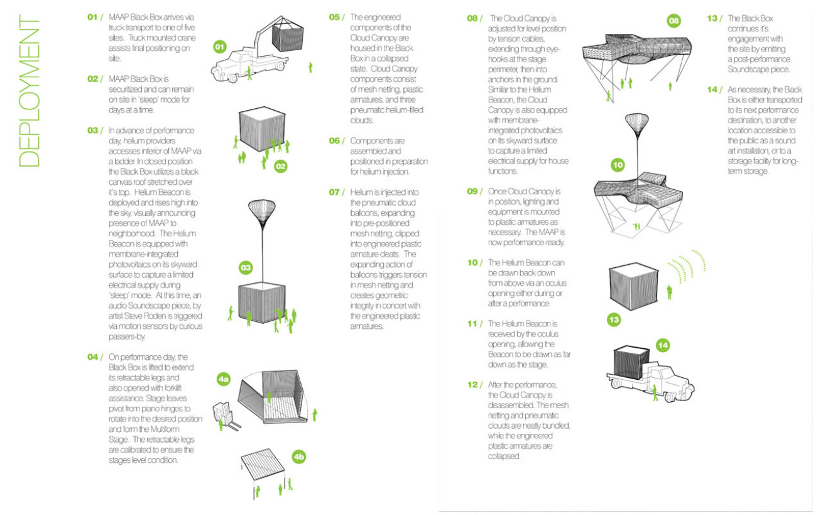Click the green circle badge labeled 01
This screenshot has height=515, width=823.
pos(220,47)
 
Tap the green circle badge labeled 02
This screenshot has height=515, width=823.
pos(281,166)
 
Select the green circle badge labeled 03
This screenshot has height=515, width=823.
pos(246,268)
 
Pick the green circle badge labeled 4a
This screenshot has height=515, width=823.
pos(224,379)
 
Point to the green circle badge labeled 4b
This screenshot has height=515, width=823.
pos(299,457)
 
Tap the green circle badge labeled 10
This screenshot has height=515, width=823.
pos(618,165)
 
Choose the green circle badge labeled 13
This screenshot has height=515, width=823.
pos(614,320)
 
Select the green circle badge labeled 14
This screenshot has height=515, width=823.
pos(664,345)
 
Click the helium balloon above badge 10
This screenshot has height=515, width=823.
pos(636,125)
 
